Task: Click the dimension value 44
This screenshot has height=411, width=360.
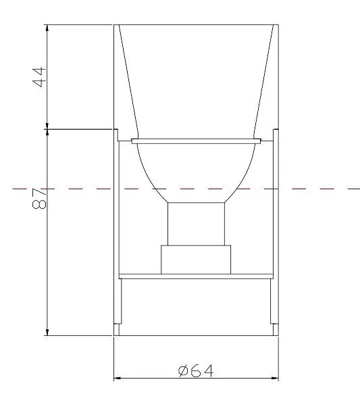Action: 39,77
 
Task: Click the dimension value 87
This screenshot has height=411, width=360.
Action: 39,199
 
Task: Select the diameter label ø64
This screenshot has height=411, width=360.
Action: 196,370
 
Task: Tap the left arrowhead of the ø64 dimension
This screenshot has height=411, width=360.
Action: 117,378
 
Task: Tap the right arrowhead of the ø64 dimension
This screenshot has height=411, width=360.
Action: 275,378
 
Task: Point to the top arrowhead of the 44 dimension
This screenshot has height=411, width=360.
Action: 47,28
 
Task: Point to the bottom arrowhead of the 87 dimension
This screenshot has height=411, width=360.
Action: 47,332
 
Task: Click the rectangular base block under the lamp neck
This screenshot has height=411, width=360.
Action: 196,260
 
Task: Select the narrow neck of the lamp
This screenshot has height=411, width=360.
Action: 196,224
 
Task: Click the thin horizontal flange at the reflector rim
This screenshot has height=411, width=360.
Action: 196,141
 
